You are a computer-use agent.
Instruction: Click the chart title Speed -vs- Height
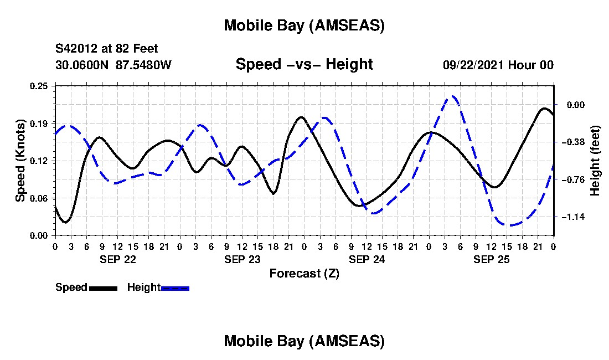pyautogui.click(x=304, y=64)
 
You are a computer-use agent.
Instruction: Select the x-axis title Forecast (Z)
pyautogui.click(x=304, y=273)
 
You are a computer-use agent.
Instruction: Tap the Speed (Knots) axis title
pyautogui.click(x=20, y=160)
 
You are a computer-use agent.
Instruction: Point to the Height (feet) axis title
pyautogui.click(x=595, y=161)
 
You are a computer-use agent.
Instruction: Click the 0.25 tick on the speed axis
pyautogui.click(x=39, y=86)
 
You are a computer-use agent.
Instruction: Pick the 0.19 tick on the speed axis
pyautogui.click(x=39, y=123)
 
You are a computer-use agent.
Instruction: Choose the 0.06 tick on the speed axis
pyautogui.click(x=39, y=198)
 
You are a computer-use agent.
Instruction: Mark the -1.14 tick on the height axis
pyautogui.click(x=573, y=217)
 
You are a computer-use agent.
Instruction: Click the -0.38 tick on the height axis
pyautogui.click(x=573, y=142)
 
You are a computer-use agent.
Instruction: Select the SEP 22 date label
pyautogui.click(x=117, y=259)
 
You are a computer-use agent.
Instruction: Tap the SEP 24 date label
pyautogui.click(x=367, y=259)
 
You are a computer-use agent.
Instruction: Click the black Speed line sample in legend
pyautogui.click(x=102, y=288)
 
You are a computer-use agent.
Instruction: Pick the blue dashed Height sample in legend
pyautogui.click(x=175, y=288)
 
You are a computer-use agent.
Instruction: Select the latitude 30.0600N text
pyautogui.click(x=83, y=65)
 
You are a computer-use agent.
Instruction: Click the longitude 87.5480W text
pyautogui.click(x=144, y=65)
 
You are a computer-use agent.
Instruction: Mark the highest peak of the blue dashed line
pyautogui.click(x=452, y=96)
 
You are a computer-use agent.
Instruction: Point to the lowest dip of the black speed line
pyautogui.click(x=65, y=222)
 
